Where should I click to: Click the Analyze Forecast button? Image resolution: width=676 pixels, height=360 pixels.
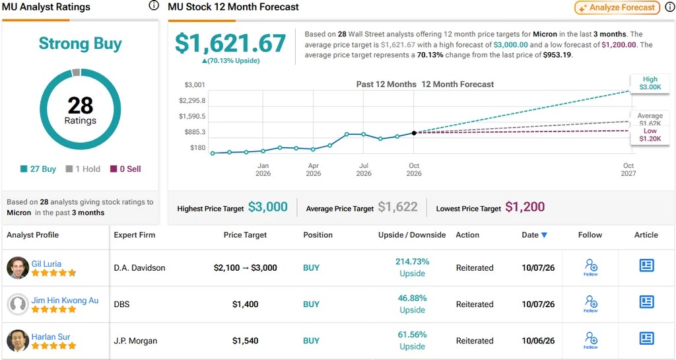coord(617,7)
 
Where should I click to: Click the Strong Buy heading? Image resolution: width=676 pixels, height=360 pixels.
coord(80,44)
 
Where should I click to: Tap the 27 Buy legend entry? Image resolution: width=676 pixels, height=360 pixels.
coord(38,169)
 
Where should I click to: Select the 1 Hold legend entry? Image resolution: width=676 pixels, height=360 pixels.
coord(83,169)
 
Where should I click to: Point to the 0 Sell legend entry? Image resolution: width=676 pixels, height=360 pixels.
coord(125,169)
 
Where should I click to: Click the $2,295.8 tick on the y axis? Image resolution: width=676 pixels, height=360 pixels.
coord(192,100)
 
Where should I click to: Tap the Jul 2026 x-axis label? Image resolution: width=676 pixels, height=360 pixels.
coord(364,170)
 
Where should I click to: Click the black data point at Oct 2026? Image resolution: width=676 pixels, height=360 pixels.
coord(414,133)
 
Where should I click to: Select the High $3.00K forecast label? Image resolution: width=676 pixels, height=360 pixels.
coord(650,83)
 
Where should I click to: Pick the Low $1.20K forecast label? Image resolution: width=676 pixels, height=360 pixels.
coord(650,135)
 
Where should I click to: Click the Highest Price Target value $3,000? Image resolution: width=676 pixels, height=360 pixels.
coord(268,207)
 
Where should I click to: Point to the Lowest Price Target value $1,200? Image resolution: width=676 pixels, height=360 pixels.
coord(525,207)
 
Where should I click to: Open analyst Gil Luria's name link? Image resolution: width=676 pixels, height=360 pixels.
coord(46,264)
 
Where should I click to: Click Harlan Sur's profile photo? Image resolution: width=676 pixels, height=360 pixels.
coord(18,341)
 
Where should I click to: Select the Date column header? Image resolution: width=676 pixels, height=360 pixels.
coord(534,235)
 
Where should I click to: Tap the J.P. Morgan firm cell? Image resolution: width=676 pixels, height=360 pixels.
coord(135,341)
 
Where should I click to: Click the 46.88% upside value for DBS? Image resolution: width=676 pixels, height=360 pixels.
coord(412,298)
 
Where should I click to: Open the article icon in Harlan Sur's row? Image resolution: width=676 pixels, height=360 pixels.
coord(646,338)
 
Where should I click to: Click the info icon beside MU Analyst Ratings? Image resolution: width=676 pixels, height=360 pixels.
coord(154,5)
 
